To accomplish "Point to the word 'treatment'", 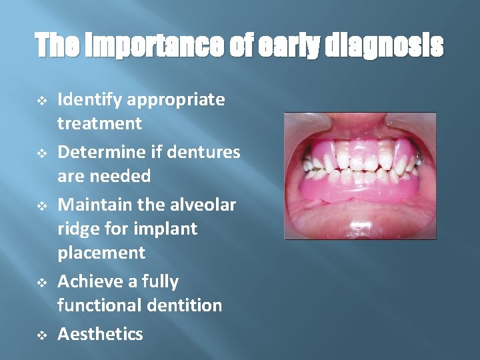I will click(x=99, y=123).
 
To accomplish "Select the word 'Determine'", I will click(x=99, y=153).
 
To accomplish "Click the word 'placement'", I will click(x=101, y=253).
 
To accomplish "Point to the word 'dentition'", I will click(x=188, y=305).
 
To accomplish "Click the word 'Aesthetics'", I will click(x=100, y=334).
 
